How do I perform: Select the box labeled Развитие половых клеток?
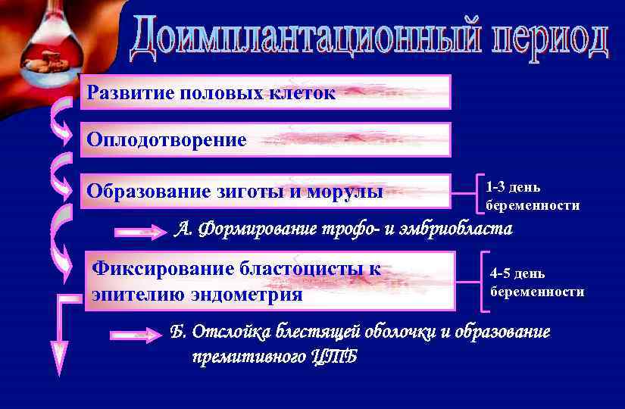(265, 92)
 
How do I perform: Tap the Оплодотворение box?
(265, 139)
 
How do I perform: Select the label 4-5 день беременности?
(536, 282)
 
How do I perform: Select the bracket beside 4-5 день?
(485, 281)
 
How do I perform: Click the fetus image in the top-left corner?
(45, 62)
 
